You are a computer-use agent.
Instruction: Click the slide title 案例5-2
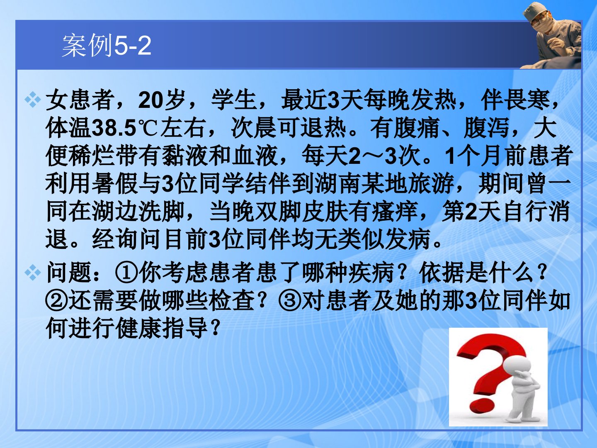click(x=107, y=45)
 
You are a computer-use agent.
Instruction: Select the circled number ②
click(x=56, y=301)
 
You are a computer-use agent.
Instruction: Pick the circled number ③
click(x=290, y=301)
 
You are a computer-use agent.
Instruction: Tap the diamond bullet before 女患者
click(x=33, y=100)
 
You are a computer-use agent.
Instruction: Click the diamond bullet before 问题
click(x=33, y=272)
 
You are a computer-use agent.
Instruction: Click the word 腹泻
click(x=487, y=128)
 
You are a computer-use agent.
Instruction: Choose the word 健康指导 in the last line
click(x=162, y=328)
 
